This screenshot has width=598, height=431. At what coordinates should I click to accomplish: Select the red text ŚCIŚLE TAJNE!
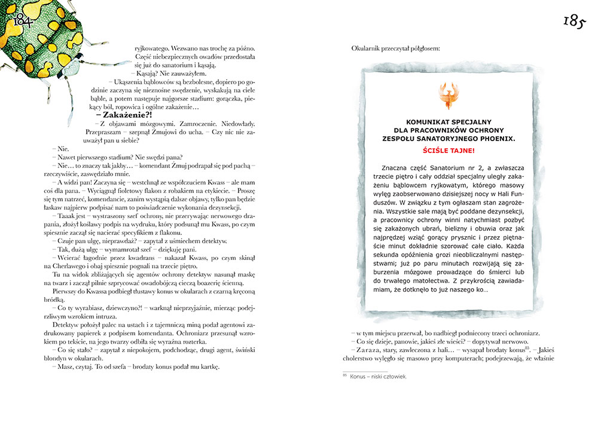pyautogui.click(x=448, y=150)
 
